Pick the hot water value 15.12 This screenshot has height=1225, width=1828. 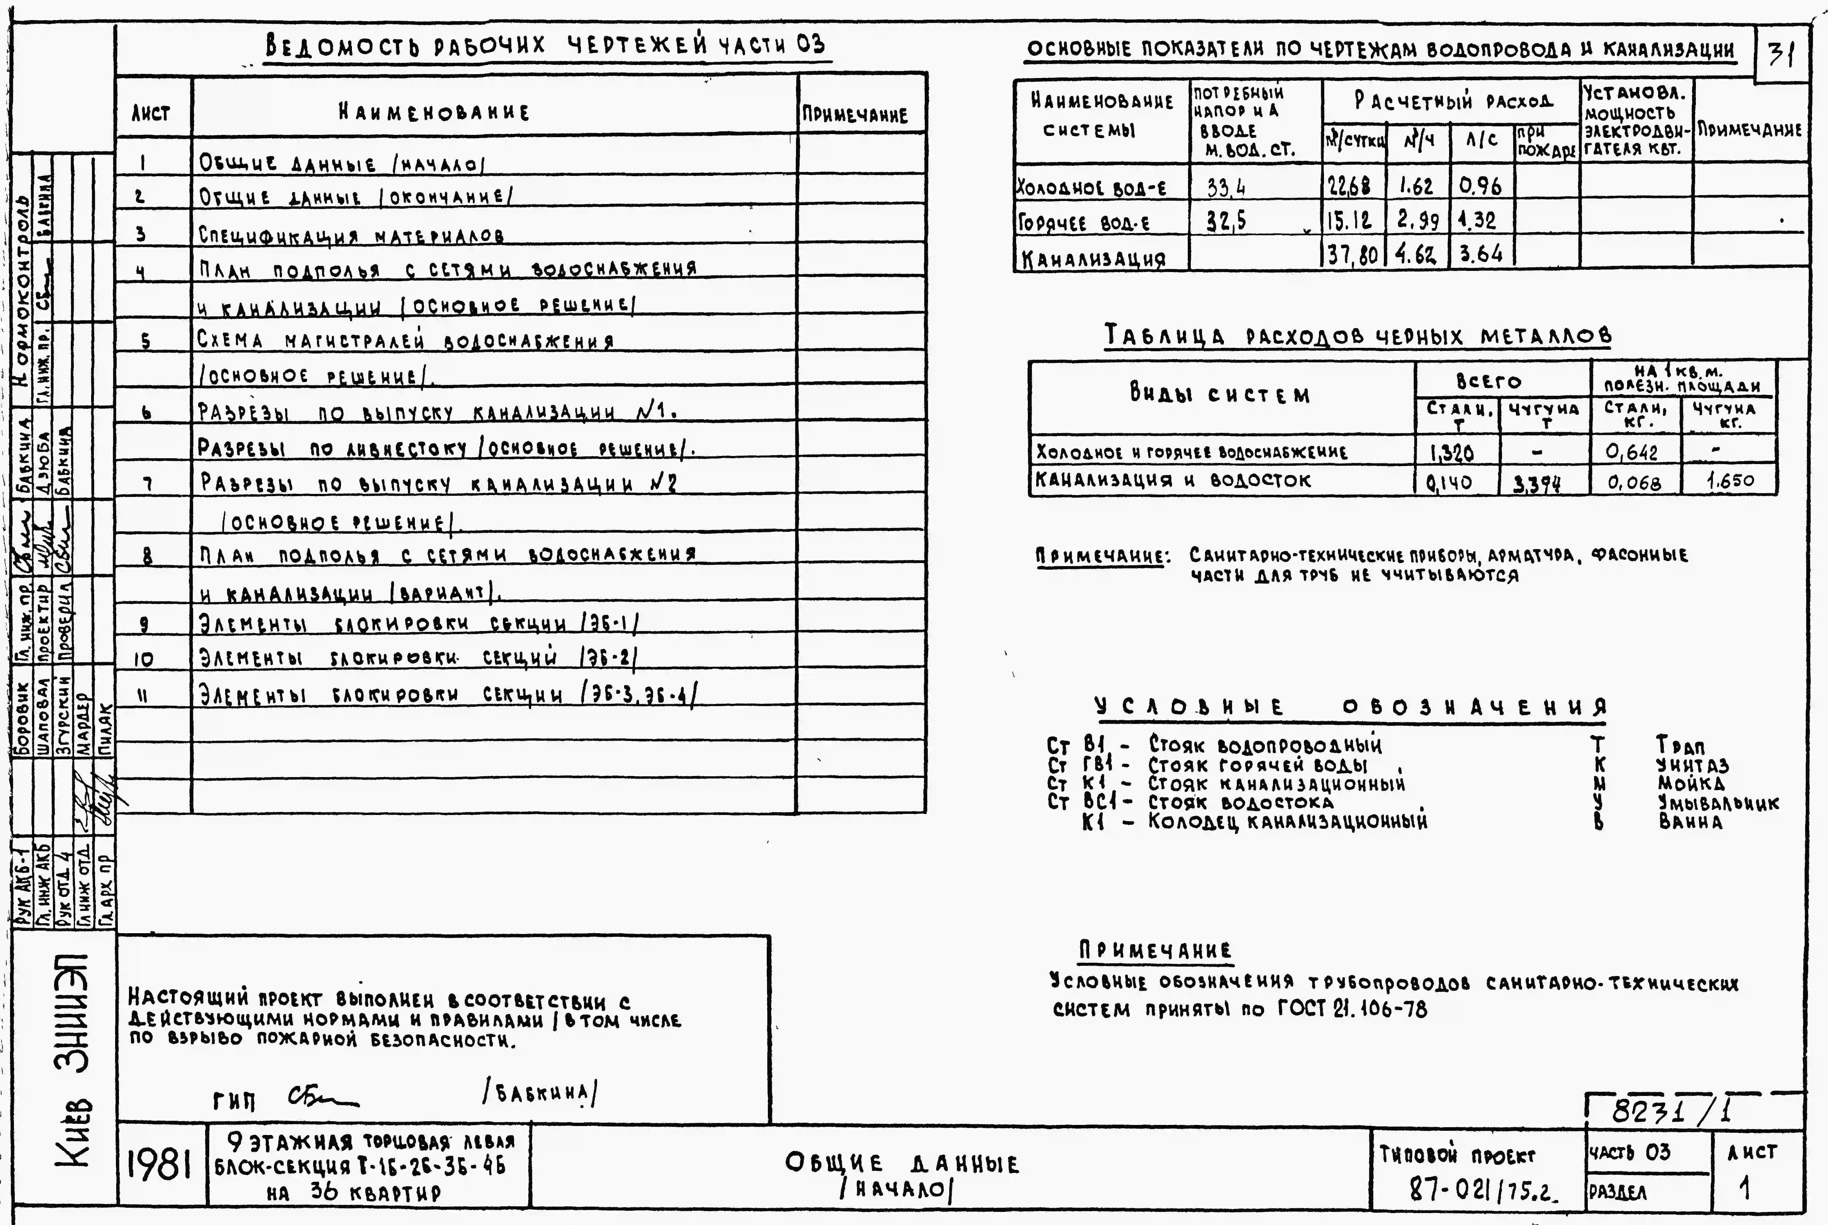pyautogui.click(x=1349, y=221)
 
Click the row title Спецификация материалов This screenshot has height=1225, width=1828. pyautogui.click(x=351, y=234)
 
